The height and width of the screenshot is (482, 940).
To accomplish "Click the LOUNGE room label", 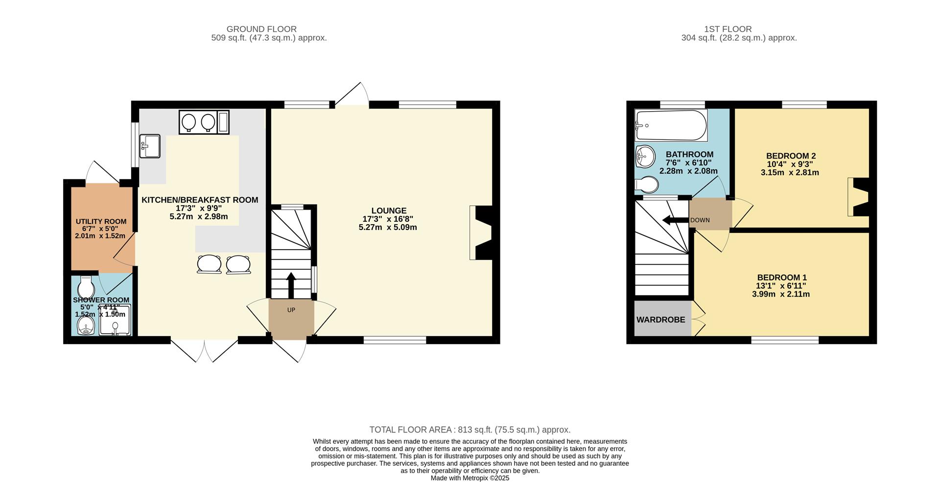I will pyautogui.click(x=388, y=211).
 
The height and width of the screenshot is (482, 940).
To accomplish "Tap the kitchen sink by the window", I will pyautogui.click(x=149, y=146).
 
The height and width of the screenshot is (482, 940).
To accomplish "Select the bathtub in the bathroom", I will pyautogui.click(x=671, y=125).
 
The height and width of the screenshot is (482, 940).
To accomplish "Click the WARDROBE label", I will pyautogui.click(x=660, y=320).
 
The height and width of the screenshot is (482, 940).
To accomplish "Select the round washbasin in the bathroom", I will pyautogui.click(x=645, y=157).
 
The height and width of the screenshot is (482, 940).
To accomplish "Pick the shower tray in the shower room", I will pyautogui.click(x=116, y=321).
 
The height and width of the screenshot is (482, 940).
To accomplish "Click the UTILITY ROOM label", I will pyautogui.click(x=101, y=222).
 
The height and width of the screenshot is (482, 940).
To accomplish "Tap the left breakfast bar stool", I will pyautogui.click(x=209, y=264).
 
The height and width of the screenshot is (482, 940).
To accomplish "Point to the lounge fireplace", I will pyautogui.click(x=482, y=232).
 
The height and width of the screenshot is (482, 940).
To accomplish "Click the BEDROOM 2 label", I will pyautogui.click(x=791, y=156).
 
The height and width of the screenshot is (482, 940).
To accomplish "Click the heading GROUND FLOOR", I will pyautogui.click(x=261, y=29).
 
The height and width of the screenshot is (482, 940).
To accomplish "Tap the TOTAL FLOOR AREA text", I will pyautogui.click(x=470, y=430).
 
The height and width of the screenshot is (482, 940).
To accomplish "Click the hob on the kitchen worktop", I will pyautogui.click(x=198, y=122).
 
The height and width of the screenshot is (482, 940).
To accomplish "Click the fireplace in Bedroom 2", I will pyautogui.click(x=859, y=197).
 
